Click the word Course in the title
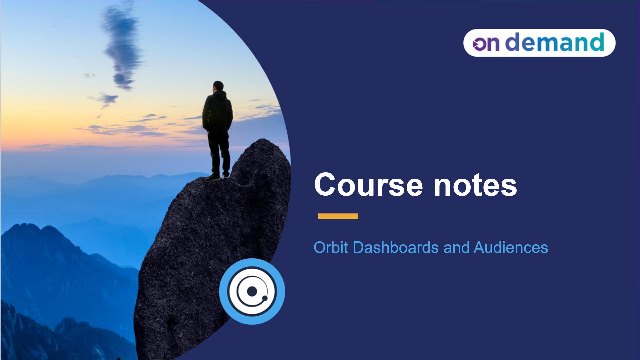369,185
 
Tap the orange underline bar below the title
338,216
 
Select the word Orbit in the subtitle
331,248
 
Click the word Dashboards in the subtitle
396,248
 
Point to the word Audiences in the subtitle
511,248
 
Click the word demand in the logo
554,42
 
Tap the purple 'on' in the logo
486,44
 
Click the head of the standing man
218,86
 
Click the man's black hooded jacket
217,110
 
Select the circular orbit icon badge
252,291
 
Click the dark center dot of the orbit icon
252,291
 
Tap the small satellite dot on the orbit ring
265,298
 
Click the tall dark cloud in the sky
122,47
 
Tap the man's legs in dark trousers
219,150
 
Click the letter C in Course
325,185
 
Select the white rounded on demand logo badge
539,43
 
